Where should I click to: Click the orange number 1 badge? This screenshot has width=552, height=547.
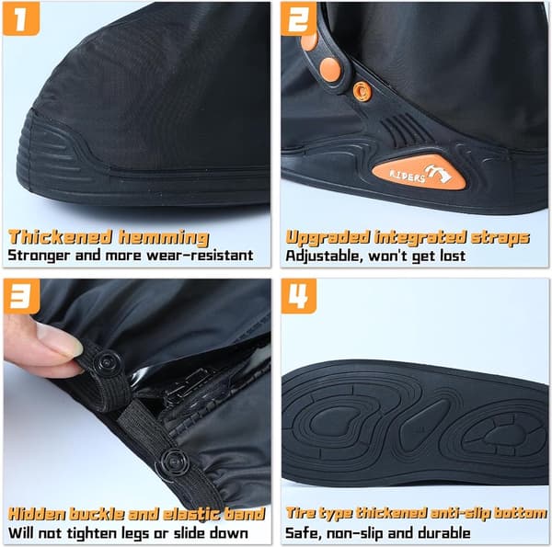pos(21,19)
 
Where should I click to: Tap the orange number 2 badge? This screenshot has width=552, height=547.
pos(298,19)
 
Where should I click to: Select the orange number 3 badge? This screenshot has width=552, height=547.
pos(21,296)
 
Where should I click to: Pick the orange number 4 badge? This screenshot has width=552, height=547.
pos(299,296)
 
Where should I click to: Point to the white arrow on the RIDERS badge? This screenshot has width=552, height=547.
pos(438,173)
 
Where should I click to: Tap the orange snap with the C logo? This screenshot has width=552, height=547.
pos(362,91)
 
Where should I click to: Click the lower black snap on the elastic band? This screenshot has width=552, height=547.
pos(173,462)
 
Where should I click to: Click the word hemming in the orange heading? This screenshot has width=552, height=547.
pos(164,238)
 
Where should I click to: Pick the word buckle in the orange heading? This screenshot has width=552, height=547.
pos(96,514)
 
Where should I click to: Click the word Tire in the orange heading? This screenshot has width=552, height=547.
pos(300,513)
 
